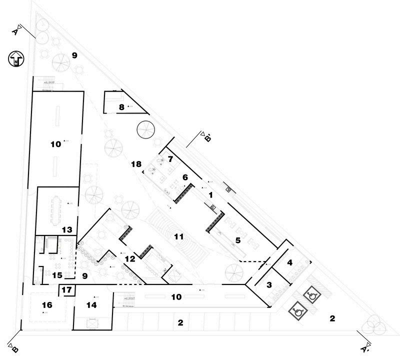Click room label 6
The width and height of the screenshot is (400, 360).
pyautogui.click(x=184, y=177)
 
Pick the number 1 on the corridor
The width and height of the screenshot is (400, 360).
pyautogui.click(x=211, y=194)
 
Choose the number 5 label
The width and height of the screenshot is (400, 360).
pyautogui.click(x=238, y=240)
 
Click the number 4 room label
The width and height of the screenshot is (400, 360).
pyautogui.click(x=289, y=262)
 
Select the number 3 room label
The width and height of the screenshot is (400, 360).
pyautogui.click(x=269, y=285)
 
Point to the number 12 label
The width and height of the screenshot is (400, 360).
pyautogui.click(x=130, y=259)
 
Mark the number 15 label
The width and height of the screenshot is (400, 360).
pyautogui.click(x=57, y=275)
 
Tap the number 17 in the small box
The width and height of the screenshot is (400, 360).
pyautogui.click(x=67, y=289)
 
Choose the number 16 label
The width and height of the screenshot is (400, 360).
pyautogui.click(x=46, y=304)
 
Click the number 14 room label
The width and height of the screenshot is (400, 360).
pyautogui.click(x=91, y=304)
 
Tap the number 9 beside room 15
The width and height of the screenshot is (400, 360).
pyautogui.click(x=84, y=275)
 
